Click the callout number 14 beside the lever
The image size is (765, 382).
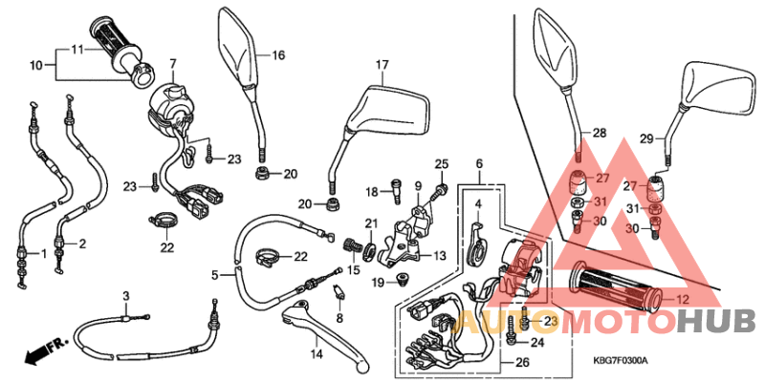pyautogui.click(x=317, y=353)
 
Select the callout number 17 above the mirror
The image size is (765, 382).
pyautogui.click(x=382, y=65)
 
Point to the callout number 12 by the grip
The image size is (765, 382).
pyautogui.click(x=683, y=300)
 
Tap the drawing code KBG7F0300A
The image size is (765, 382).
pyautogui.click(x=621, y=360)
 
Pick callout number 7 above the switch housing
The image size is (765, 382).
pyautogui.click(x=173, y=64)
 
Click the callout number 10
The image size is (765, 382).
pyautogui.click(x=35, y=65)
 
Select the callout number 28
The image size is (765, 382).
pyautogui.click(x=600, y=133)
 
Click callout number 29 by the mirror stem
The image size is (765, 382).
pyautogui.click(x=645, y=139)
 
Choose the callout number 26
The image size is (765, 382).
pyautogui.click(x=521, y=362)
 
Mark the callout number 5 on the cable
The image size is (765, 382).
pyautogui.click(x=215, y=274)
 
